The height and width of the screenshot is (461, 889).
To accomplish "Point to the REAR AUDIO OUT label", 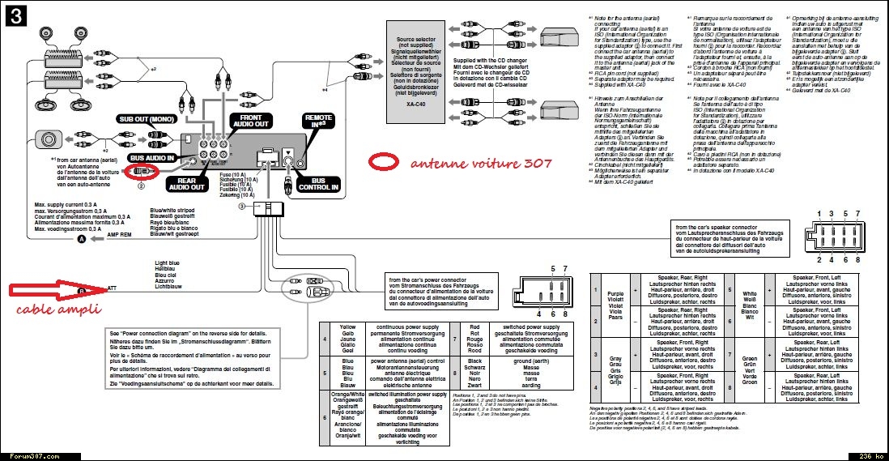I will (186, 185).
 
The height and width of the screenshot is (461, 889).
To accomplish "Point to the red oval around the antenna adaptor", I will (144, 171).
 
